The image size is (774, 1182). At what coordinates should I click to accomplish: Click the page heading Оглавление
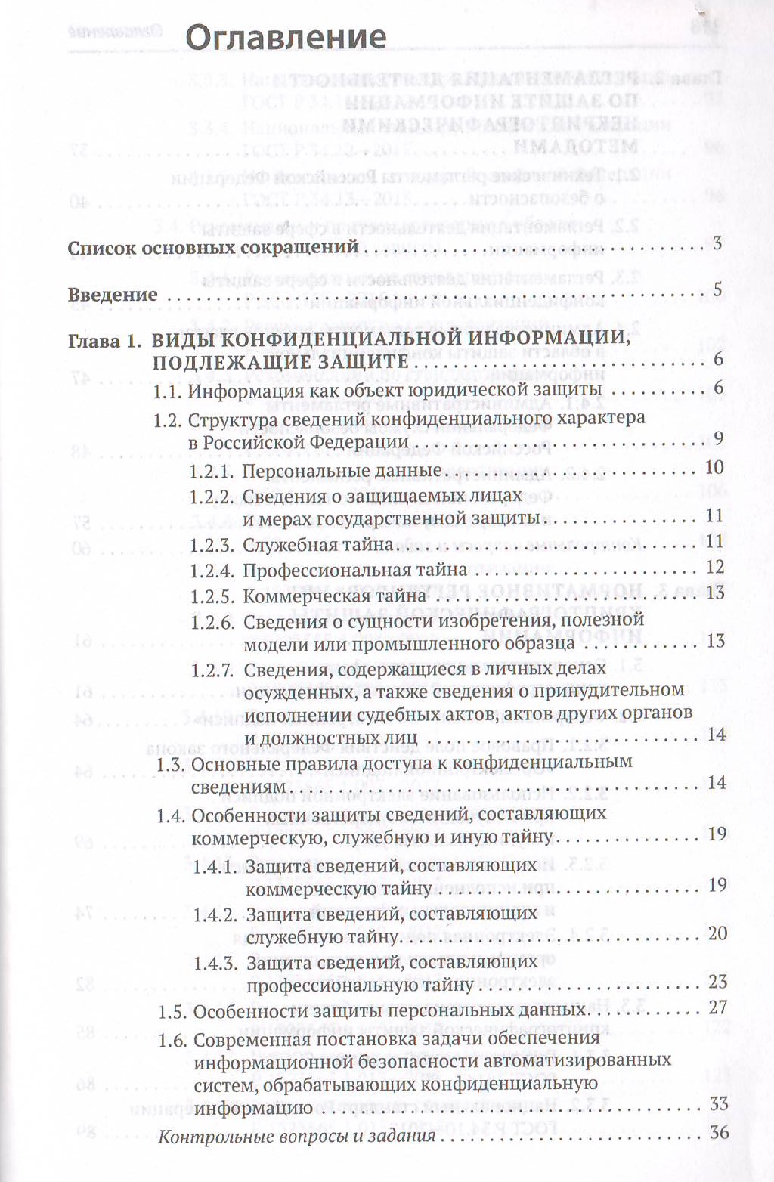tap(286, 37)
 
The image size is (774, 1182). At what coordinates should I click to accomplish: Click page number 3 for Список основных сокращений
tap(717, 243)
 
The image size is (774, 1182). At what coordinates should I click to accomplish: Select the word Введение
tap(113, 295)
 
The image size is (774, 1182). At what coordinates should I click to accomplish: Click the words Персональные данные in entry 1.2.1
tap(342, 471)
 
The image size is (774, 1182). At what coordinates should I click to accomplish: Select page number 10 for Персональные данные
tap(714, 467)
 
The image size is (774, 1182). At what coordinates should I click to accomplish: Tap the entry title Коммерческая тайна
tap(335, 596)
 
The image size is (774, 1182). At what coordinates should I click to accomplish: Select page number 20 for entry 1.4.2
tap(717, 933)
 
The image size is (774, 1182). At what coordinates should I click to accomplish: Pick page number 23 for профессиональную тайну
tap(717, 982)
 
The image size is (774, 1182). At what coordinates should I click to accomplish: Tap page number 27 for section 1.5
tap(717, 1007)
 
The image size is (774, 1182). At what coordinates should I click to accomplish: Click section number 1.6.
tap(172, 1040)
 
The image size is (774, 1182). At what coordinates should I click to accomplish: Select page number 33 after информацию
tap(717, 1104)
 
